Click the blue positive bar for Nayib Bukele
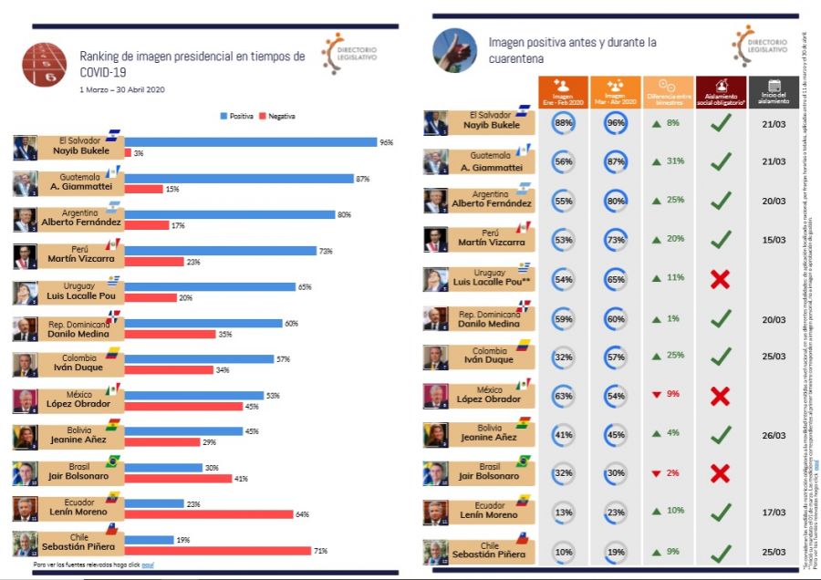pyautogui.click(x=251, y=142)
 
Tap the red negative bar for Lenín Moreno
pyautogui.click(x=209, y=514)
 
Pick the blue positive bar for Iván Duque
pyautogui.click(x=199, y=359)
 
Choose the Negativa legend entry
pyautogui.click(x=280, y=116)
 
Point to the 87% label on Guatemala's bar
pyautogui.click(x=363, y=179)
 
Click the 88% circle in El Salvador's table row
pyautogui.click(x=563, y=123)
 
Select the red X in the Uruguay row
pyautogui.click(x=720, y=279)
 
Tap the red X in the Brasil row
pyautogui.click(x=720, y=473)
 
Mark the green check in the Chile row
pyautogui.click(x=721, y=552)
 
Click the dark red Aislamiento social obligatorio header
pyautogui.click(x=720, y=90)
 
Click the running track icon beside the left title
pyautogui.click(x=43, y=63)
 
